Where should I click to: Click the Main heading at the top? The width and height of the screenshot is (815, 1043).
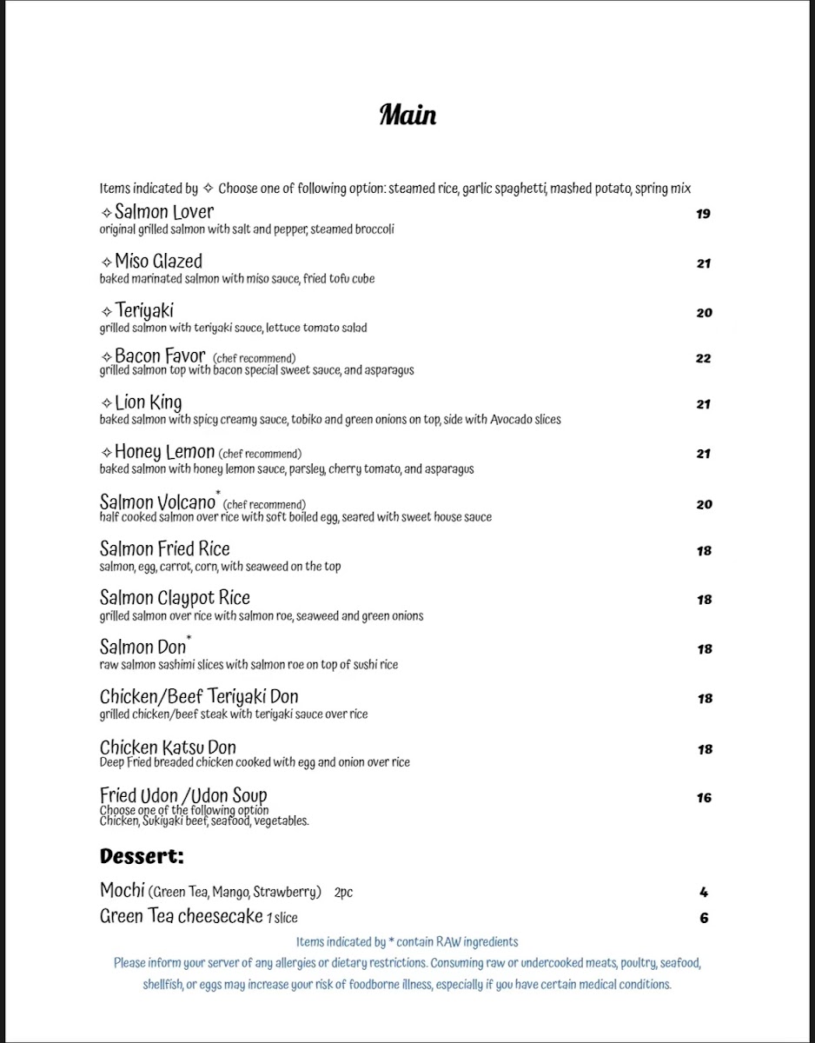coord(407,115)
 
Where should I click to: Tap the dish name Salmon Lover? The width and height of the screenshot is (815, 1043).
coord(163,212)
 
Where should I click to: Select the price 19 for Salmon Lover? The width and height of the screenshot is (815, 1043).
coord(703,214)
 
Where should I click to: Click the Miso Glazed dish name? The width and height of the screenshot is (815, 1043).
coord(158,262)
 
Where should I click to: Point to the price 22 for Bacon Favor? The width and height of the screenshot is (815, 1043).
coord(703,358)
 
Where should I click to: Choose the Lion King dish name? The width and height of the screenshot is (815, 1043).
coord(148,402)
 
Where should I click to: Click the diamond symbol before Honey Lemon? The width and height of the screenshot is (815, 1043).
coord(106,453)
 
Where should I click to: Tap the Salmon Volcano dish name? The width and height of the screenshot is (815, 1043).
coord(157,502)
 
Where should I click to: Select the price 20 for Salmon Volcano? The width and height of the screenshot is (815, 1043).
coord(704,504)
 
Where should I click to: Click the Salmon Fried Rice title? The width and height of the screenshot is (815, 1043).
coord(165,548)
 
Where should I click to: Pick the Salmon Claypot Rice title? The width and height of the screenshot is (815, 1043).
coord(175,598)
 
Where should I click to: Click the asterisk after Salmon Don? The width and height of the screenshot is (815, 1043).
coord(189,640)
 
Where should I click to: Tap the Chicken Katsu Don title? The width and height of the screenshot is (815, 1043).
coord(168,747)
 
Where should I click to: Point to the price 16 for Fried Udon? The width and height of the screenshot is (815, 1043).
coord(704,798)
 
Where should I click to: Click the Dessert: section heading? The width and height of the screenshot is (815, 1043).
coord(142,856)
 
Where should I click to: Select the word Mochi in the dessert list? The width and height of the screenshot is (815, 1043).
coord(123,891)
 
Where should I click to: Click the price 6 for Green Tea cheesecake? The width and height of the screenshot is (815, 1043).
coord(704,918)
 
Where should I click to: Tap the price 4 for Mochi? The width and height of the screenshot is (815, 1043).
coord(704,892)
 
